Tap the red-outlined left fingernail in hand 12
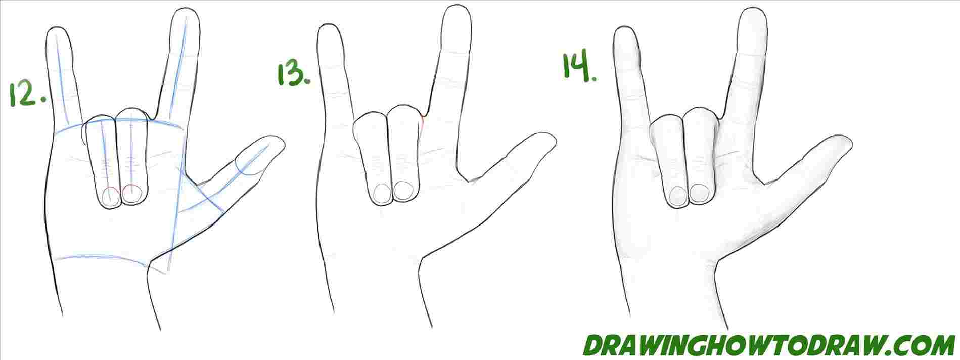[x=110, y=195]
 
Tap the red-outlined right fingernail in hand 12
[x=131, y=194]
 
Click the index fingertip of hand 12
[x=183, y=11]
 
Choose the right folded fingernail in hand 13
[x=403, y=191]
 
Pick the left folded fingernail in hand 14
[x=677, y=194]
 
